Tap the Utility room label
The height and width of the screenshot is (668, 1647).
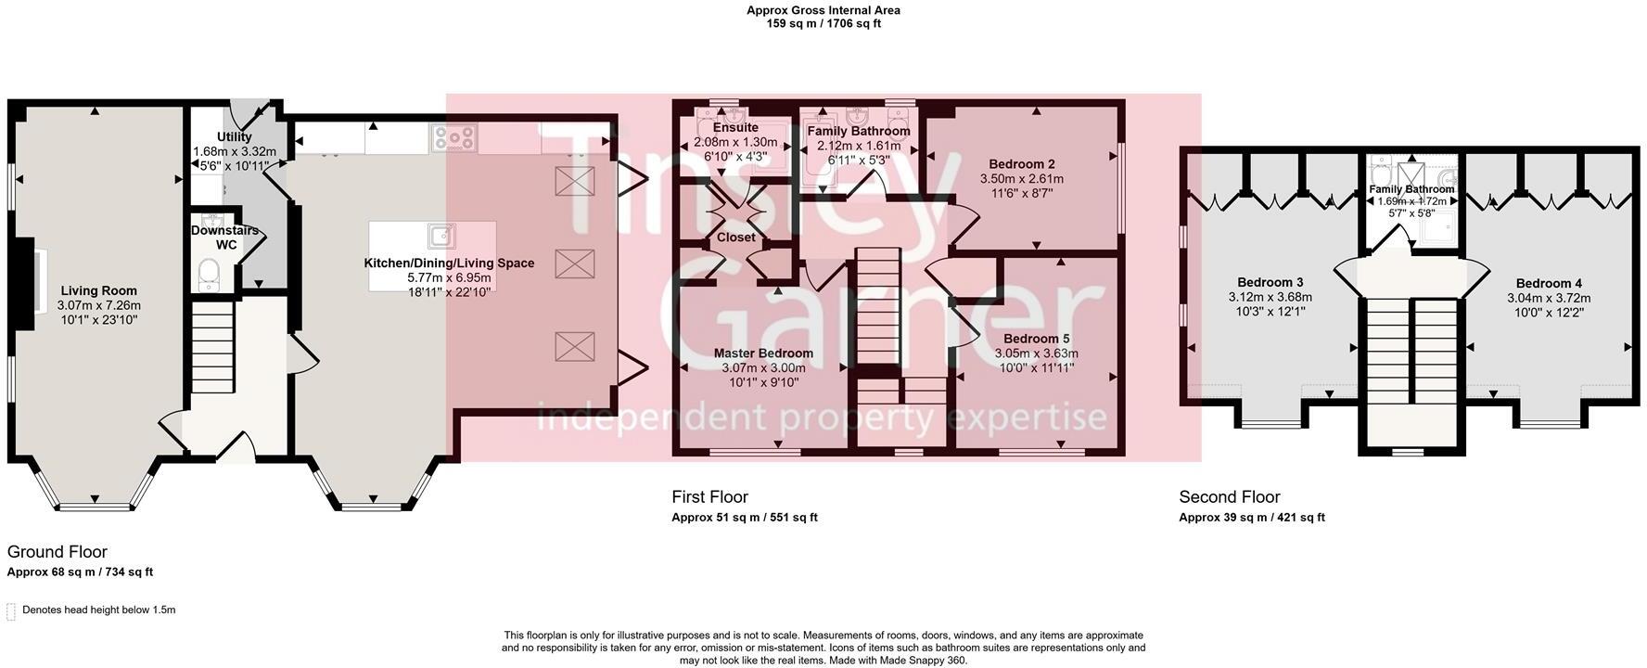tap(235, 137)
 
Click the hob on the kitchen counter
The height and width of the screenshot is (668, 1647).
tap(453, 138)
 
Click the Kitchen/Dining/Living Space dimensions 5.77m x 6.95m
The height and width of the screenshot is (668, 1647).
tap(449, 277)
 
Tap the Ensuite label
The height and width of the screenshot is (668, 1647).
tap(736, 128)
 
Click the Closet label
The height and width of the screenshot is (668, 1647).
tap(736, 238)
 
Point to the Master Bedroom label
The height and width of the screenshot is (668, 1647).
tap(763, 353)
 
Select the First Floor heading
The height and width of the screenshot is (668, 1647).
tap(709, 497)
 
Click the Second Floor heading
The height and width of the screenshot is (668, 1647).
tap(1230, 497)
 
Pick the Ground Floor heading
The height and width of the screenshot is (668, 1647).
tap(57, 552)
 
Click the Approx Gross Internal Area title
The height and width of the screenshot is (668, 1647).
tap(823, 11)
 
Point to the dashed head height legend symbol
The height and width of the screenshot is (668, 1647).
tap(11, 610)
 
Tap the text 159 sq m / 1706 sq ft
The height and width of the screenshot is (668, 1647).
tap(823, 24)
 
